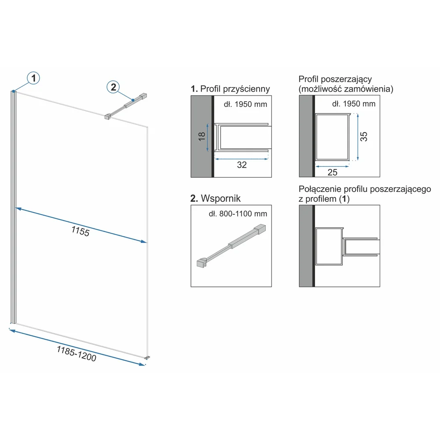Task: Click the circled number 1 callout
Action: (x=33, y=78)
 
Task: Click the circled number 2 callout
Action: (x=114, y=87)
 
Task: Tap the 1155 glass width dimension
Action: (x=81, y=231)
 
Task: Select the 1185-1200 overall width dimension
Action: (x=77, y=354)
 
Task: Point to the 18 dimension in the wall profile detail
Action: (x=202, y=136)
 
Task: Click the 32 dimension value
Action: (x=242, y=165)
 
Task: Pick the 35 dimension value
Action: (x=364, y=136)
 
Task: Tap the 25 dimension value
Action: (x=332, y=172)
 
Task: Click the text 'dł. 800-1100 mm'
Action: (x=238, y=214)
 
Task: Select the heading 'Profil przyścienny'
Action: (x=235, y=89)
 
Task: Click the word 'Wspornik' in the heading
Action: (x=221, y=198)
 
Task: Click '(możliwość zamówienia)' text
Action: (x=346, y=89)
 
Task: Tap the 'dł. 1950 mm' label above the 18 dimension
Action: (x=246, y=104)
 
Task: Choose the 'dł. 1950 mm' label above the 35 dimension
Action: (x=354, y=104)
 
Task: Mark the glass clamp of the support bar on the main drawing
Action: (x=107, y=117)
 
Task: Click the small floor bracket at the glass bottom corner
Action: (x=147, y=358)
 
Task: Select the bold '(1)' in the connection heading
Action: (x=345, y=199)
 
